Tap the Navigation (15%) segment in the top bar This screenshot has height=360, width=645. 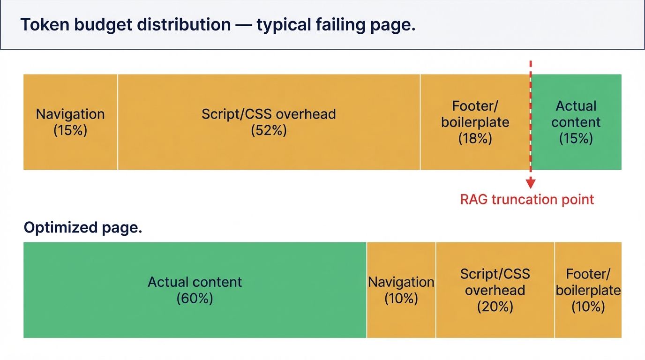(70, 122)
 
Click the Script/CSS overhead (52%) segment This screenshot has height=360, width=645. (269, 122)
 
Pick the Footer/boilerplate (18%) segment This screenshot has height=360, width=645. (475, 122)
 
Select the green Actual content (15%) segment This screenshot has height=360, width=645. (576, 122)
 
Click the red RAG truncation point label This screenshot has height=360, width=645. (527, 200)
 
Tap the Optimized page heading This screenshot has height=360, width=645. (82, 228)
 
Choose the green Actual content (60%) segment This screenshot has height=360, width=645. (195, 290)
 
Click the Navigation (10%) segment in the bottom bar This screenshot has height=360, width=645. (401, 290)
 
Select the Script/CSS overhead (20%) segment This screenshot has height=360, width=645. (495, 290)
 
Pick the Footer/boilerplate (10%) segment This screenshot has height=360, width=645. (588, 290)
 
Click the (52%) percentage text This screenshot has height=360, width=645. (269, 130)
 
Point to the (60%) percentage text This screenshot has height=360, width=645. (195, 298)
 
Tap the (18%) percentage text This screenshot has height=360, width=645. (475, 138)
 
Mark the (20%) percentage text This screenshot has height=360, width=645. (495, 307)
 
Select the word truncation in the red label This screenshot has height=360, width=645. (527, 200)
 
